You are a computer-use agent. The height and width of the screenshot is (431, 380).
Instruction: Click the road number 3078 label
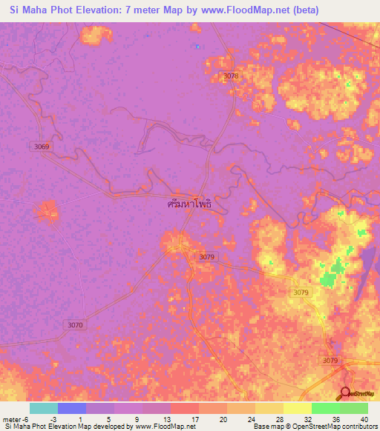pyautogui.click(x=231, y=76)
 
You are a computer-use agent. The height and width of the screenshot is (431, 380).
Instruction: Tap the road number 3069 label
pyautogui.click(x=42, y=147)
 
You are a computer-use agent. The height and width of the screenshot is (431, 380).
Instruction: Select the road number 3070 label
pyautogui.click(x=76, y=324)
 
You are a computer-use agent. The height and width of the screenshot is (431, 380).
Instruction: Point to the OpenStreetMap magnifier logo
pyautogui.click(x=346, y=393)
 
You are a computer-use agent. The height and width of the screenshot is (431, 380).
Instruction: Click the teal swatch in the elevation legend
pyautogui.click(x=44, y=408)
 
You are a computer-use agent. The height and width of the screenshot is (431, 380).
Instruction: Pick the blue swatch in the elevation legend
pyautogui.click(x=72, y=408)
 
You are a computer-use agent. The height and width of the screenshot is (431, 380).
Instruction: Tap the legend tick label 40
pyautogui.click(x=364, y=418)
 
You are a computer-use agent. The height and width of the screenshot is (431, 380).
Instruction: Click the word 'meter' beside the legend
pyautogui.click(x=13, y=418)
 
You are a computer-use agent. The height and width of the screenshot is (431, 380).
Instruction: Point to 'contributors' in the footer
pyautogui.click(x=360, y=427)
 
